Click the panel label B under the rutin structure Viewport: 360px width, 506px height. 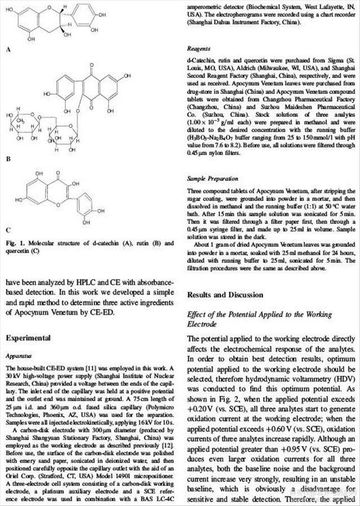tap(8, 160)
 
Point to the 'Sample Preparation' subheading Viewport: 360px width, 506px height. tap(212, 178)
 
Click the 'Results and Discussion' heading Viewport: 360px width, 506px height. tap(225, 295)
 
